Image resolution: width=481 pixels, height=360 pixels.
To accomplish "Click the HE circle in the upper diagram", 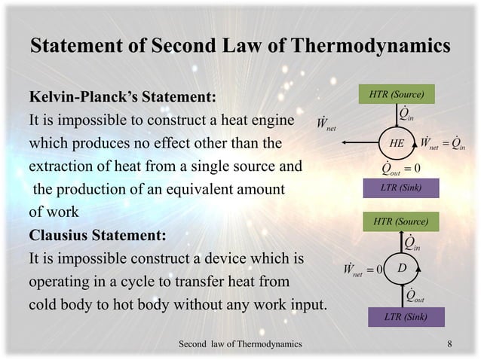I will coord(397,142).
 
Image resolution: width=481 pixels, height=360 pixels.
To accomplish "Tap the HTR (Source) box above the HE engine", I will coord(397,94).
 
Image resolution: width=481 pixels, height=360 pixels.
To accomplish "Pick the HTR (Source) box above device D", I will coord(401,221).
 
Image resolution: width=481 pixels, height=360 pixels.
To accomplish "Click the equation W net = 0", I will coord(363,269).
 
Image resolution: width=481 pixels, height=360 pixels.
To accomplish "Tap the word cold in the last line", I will coord(44,305).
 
